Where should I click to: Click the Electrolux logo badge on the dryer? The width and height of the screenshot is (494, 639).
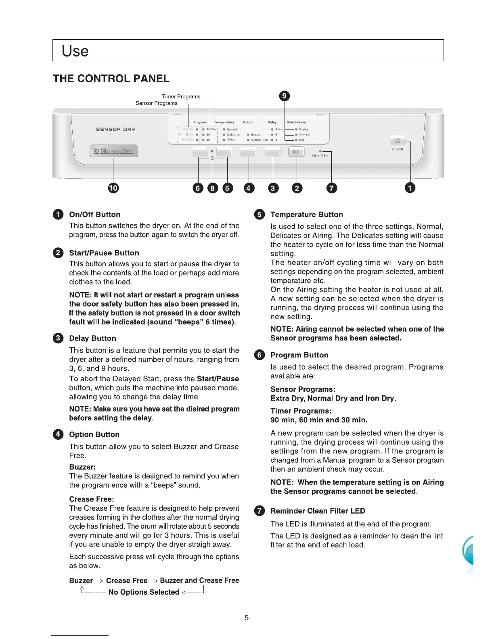click(x=113, y=151)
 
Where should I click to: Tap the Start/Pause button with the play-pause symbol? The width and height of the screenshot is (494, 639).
click(x=296, y=152)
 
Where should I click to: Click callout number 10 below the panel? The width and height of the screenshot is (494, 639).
click(x=113, y=188)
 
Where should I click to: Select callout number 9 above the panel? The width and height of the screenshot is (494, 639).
click(x=285, y=96)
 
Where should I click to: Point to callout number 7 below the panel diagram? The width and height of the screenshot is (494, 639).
click(x=331, y=188)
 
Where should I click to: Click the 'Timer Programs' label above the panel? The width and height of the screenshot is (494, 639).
click(x=181, y=96)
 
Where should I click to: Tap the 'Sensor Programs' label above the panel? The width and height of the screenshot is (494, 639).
click(x=156, y=103)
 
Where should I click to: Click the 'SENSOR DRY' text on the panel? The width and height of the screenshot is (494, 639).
click(x=115, y=129)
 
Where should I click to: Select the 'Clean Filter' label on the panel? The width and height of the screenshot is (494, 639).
click(x=320, y=155)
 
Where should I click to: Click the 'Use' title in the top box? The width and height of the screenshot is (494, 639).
click(x=75, y=51)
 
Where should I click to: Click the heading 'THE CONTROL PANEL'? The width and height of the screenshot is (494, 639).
click(x=111, y=79)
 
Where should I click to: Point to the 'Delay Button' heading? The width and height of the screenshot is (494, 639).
click(x=92, y=338)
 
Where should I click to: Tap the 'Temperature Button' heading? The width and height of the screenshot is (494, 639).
click(x=306, y=215)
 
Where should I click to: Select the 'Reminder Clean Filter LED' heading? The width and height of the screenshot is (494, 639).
click(x=318, y=511)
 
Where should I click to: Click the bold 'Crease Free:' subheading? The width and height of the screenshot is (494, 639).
click(x=92, y=499)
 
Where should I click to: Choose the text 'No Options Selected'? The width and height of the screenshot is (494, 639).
click(x=144, y=592)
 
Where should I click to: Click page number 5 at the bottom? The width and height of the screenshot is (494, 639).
click(x=247, y=618)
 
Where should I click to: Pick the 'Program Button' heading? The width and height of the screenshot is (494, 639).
click(x=299, y=355)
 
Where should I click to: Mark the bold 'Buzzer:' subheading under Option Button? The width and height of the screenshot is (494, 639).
click(x=82, y=467)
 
